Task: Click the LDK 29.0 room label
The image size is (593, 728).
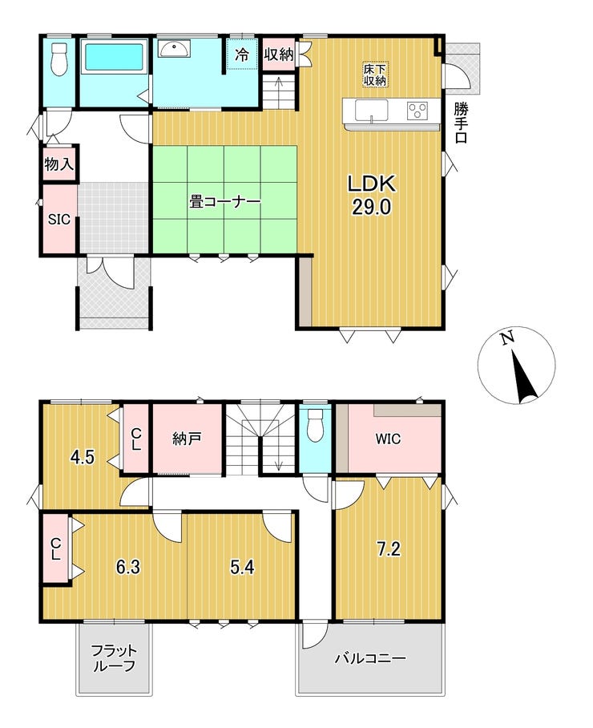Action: click(372, 195)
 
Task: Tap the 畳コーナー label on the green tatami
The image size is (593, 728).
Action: click(224, 202)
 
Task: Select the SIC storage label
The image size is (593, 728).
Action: click(59, 219)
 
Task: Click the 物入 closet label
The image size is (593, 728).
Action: click(59, 164)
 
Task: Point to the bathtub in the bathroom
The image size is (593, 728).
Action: click(114, 58)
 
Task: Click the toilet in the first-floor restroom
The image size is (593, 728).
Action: click(59, 59)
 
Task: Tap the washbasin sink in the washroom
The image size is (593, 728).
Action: click(174, 48)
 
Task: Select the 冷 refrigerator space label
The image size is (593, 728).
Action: click(241, 55)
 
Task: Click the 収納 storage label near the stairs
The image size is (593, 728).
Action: click(279, 55)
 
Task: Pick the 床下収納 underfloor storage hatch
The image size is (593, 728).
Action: click(375, 75)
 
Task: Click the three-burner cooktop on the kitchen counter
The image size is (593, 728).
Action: click(418, 111)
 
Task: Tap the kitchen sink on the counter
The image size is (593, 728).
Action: click(372, 111)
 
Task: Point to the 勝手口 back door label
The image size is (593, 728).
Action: click(461, 123)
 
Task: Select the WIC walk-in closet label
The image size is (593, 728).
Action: click(388, 439)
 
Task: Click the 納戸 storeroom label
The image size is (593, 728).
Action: click(187, 439)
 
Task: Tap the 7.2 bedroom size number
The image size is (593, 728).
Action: click(389, 549)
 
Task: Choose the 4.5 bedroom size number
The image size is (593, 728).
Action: click(82, 457)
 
